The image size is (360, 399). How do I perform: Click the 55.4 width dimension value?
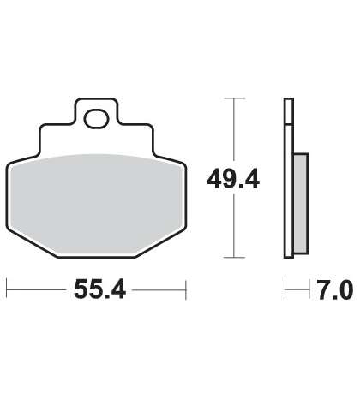coord(99,289)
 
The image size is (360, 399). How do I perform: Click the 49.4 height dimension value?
coord(233,179)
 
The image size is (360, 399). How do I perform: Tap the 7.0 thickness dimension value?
coord(335,289)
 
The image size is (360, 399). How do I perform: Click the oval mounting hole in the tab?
coord(97,119)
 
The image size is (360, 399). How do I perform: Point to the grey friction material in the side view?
coord(301,204)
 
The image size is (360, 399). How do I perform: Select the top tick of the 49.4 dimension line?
coord(235,98)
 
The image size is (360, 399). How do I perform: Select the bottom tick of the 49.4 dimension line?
coord(235,258)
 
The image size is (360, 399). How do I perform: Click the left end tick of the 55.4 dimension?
coord(7,289)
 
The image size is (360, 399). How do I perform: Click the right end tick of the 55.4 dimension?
coord(186,289)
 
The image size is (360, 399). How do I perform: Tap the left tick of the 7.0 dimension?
coord(285,289)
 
